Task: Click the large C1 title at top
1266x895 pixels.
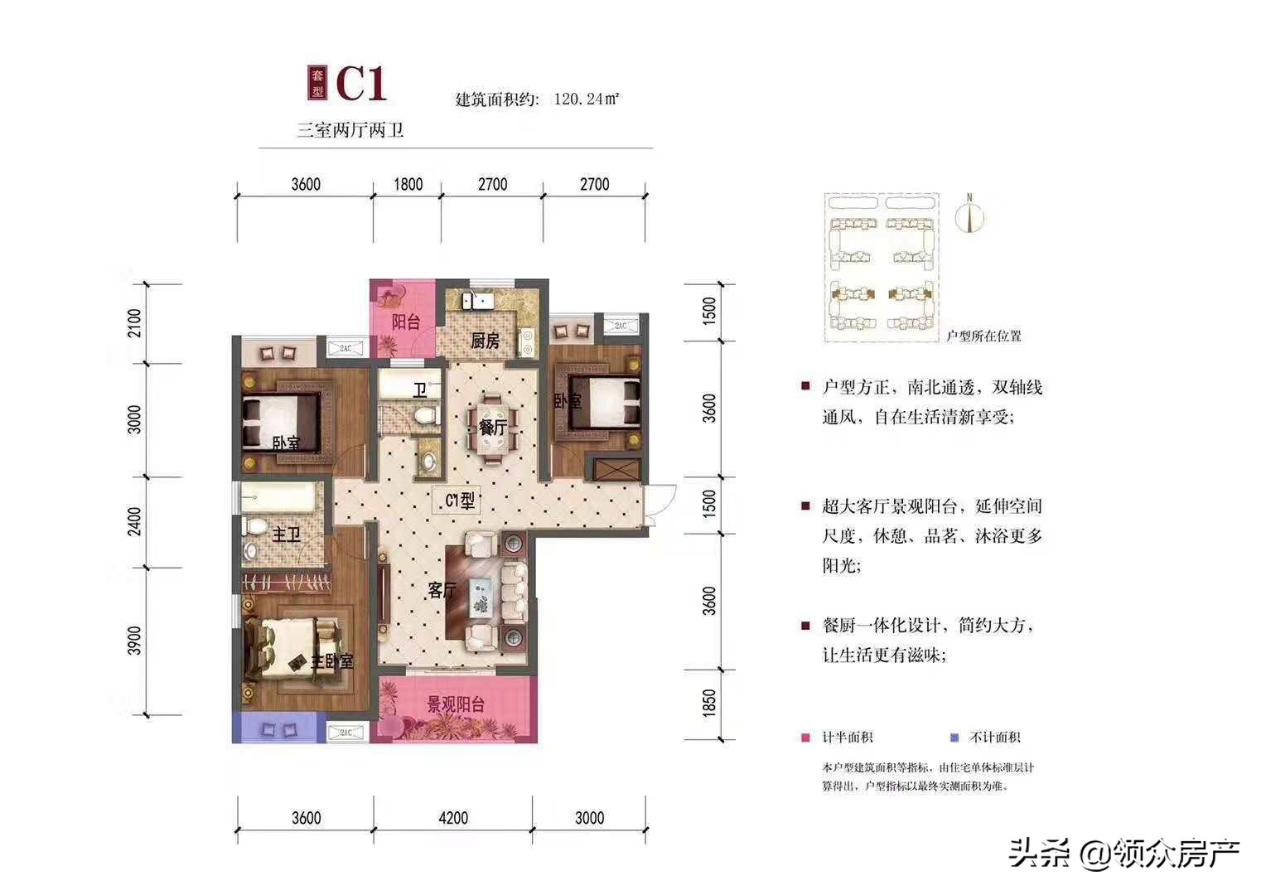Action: [361, 83]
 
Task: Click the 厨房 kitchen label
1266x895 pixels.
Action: [486, 341]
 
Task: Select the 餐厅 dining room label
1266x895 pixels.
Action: [492, 428]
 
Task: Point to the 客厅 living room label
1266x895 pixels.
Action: [442, 590]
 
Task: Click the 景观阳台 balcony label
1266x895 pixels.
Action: [456, 704]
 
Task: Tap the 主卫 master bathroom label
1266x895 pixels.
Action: [286, 535]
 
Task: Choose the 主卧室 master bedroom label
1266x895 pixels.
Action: [332, 661]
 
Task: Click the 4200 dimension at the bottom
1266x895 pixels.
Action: [453, 818]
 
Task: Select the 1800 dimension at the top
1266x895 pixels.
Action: [408, 184]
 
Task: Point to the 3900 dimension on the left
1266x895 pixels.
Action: [135, 641]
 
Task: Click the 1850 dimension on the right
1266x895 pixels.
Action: [709, 703]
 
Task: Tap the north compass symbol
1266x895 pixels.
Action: [969, 215]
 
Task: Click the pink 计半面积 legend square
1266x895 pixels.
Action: [805, 738]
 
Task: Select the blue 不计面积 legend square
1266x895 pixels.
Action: [954, 738]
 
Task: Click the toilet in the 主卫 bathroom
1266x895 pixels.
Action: [255, 527]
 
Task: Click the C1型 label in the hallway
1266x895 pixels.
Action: [460, 501]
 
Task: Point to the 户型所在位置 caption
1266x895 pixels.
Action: [984, 336]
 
